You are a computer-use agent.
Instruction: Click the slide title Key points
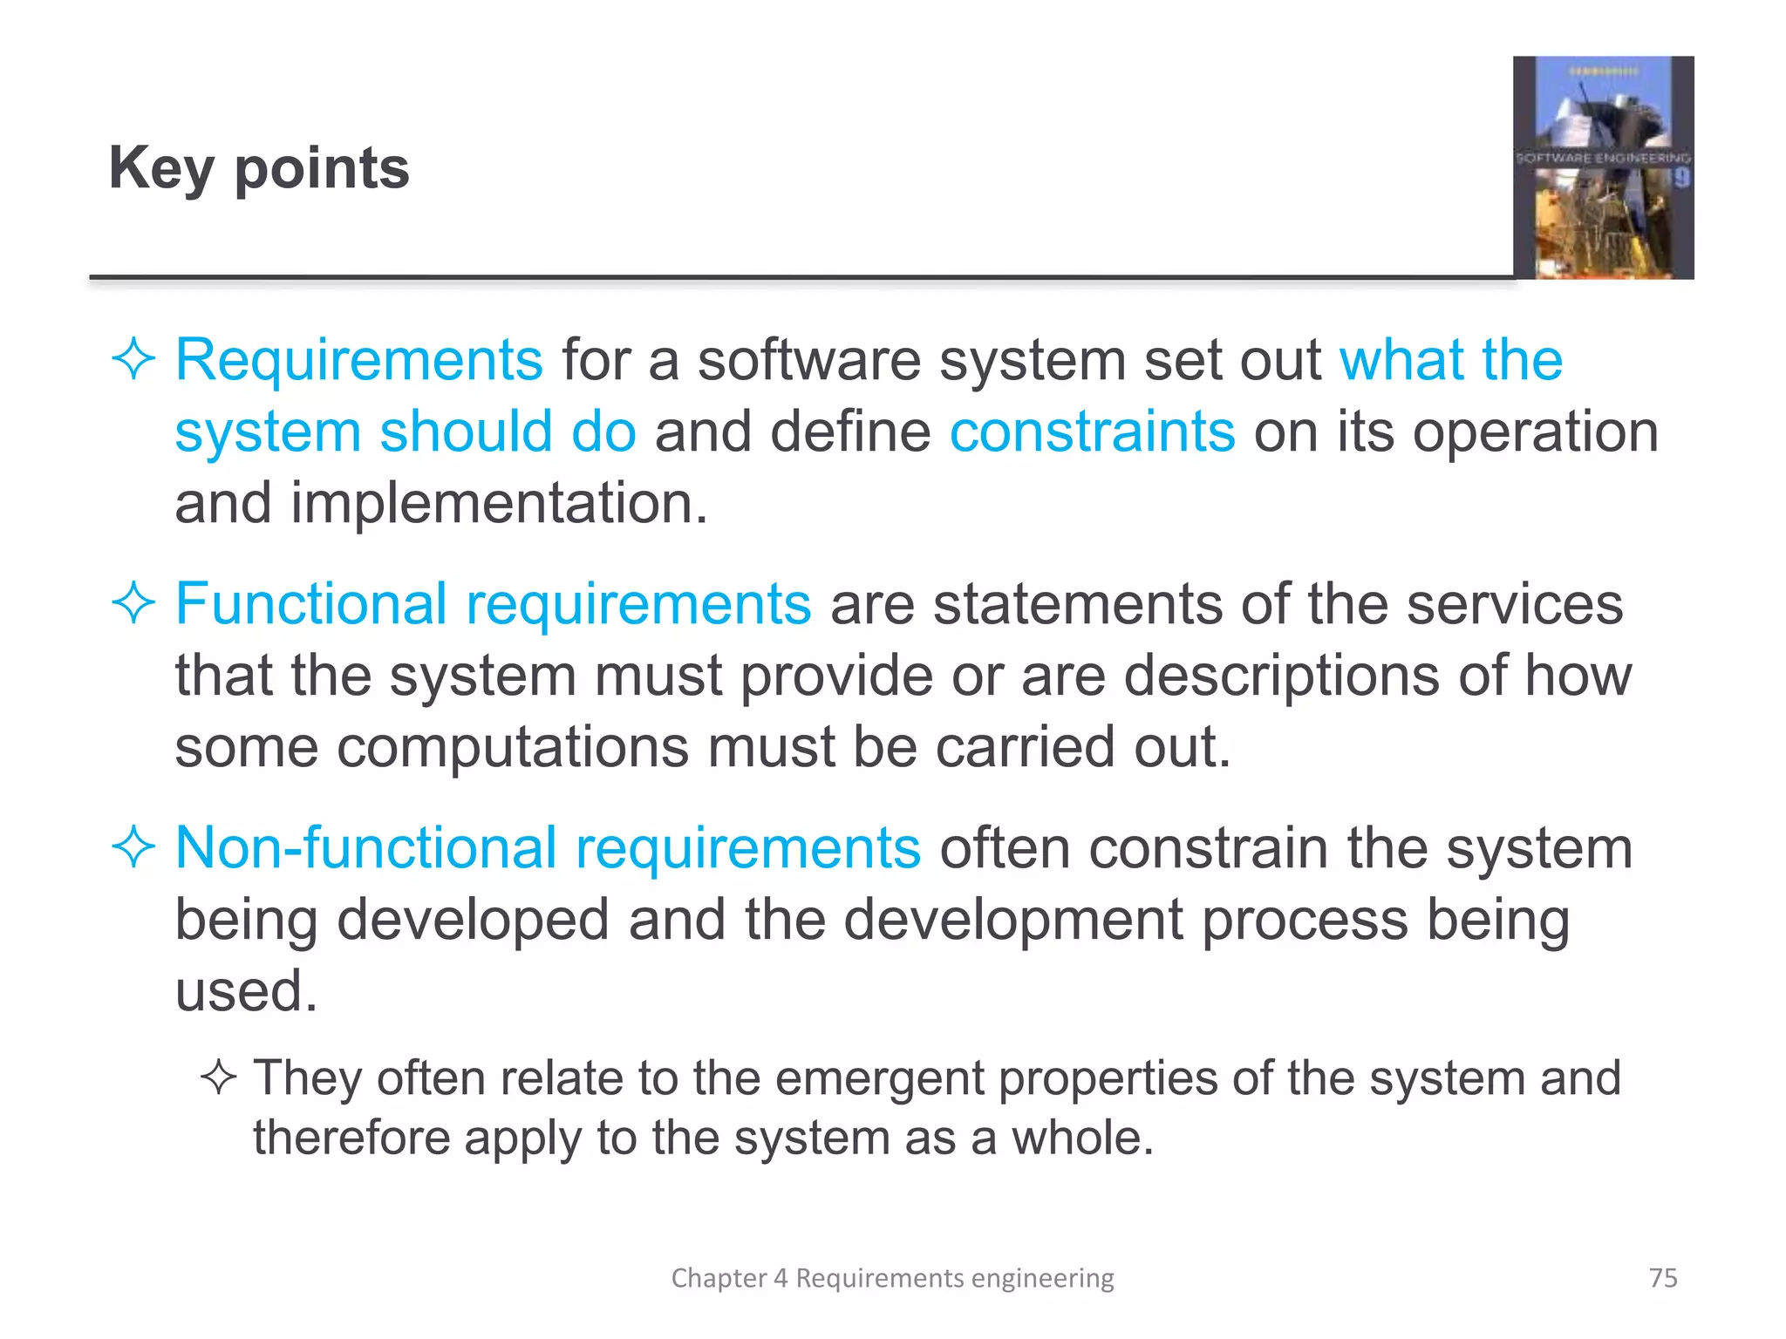click(x=258, y=167)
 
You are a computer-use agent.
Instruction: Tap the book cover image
click(x=1603, y=167)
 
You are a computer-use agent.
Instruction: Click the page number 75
click(x=1663, y=1277)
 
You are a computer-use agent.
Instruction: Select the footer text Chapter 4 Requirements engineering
click(x=892, y=1277)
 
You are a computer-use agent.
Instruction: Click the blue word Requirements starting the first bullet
click(x=358, y=360)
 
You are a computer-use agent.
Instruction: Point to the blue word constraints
click(x=1092, y=432)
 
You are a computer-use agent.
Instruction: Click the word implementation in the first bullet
click(x=498, y=504)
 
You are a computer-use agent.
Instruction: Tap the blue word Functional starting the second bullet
click(x=310, y=603)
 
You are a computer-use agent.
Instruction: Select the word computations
click(x=512, y=748)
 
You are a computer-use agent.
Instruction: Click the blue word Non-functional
click(x=365, y=847)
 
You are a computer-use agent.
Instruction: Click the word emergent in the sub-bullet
click(x=880, y=1079)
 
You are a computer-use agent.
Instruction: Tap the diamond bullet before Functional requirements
click(x=133, y=603)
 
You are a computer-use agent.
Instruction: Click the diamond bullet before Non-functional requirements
click(x=133, y=847)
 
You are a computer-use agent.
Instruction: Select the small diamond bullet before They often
click(x=218, y=1078)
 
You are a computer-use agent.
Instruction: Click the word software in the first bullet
click(x=808, y=360)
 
